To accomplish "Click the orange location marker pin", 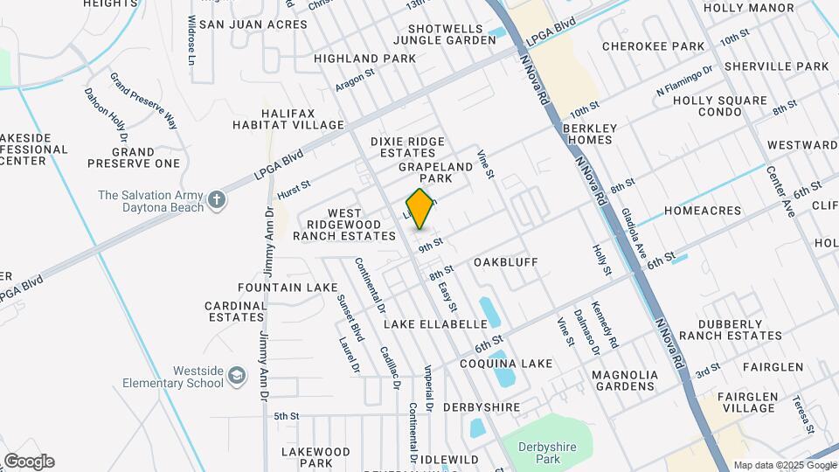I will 420,209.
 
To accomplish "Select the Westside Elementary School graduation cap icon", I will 236,376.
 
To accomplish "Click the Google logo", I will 28,462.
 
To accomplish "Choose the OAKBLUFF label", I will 506,262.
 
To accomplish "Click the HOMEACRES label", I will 702,211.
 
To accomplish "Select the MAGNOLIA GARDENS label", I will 624,379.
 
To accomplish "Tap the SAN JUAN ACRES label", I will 253,24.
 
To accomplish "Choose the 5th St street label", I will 287,416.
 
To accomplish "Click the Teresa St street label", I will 801,414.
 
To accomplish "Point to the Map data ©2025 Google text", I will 784,465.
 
